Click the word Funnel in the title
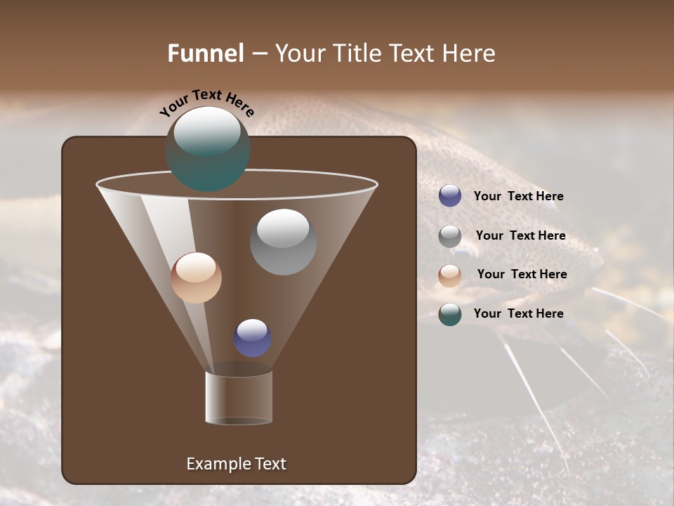(206, 53)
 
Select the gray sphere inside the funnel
(284, 242)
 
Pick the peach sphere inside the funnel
(197, 278)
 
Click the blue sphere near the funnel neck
(253, 338)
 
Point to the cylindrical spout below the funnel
(239, 397)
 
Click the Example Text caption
(237, 464)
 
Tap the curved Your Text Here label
(206, 103)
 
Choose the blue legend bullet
(450, 196)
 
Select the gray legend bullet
(450, 236)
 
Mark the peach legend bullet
(450, 275)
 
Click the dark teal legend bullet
(450, 314)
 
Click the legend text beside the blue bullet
(518, 197)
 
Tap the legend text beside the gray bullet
(520, 236)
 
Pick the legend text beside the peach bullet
(522, 275)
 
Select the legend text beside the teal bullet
(518, 313)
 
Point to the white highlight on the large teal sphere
(206, 131)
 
